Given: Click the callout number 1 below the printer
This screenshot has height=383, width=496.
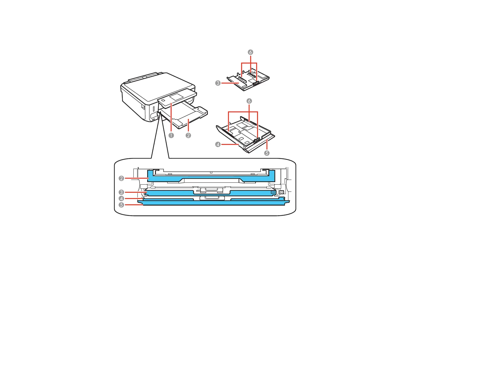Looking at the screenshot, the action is click(171, 135).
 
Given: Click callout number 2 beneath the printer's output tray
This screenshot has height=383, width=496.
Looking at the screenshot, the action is click(188, 135).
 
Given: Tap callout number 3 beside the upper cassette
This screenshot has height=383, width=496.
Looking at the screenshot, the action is click(218, 83).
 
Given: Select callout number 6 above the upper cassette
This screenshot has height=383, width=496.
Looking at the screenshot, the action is click(250, 52).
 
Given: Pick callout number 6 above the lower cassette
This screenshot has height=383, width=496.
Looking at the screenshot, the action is click(249, 101).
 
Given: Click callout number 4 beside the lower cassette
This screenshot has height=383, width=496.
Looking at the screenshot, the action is click(218, 144).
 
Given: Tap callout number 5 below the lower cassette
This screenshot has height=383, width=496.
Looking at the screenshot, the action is click(266, 153).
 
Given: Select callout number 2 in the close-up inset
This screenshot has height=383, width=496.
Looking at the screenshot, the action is click(121, 178).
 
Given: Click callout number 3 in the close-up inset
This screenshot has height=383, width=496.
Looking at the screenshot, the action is click(121, 192).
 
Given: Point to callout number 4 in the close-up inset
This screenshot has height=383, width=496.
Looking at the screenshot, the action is click(121, 199).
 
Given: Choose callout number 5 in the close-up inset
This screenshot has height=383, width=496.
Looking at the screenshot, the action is click(121, 205).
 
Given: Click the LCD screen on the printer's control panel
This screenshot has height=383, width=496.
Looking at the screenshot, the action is click(176, 97).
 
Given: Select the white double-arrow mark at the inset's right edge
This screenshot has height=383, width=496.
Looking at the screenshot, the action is click(281, 192).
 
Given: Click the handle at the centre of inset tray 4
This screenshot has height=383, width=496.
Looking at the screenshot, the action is click(212, 198).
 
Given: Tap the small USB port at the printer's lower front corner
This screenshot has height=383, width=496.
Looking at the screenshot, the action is click(153, 119).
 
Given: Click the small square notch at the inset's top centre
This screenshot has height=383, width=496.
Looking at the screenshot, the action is click(211, 172).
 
